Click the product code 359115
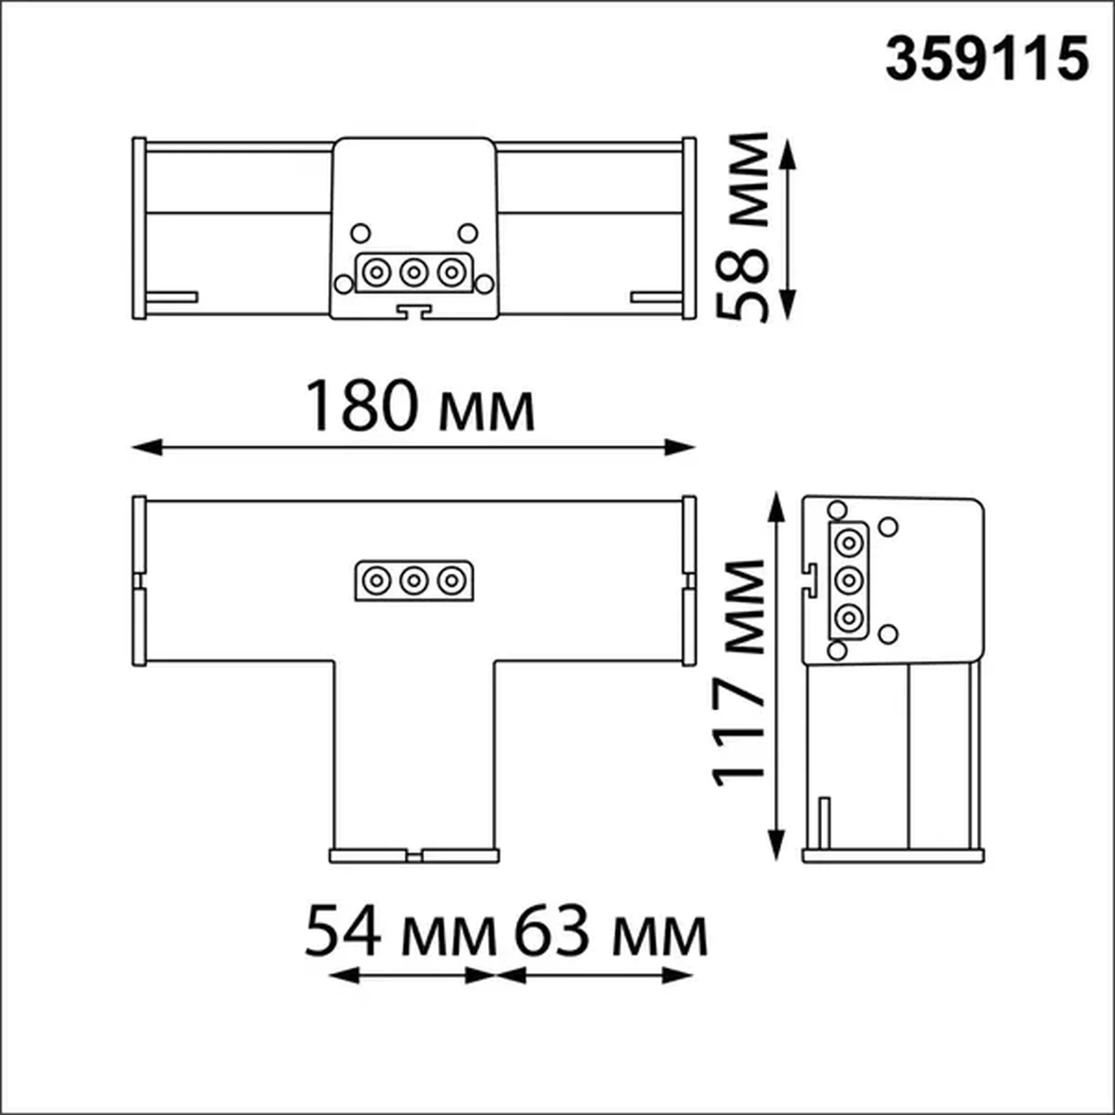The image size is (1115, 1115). (x=986, y=59)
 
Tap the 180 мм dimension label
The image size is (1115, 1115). (x=419, y=406)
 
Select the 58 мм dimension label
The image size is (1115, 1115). (x=743, y=227)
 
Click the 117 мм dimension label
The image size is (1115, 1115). (x=740, y=674)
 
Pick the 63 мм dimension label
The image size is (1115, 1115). (x=610, y=932)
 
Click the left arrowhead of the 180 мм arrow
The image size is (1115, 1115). (x=147, y=447)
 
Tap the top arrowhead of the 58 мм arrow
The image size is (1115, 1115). (x=786, y=154)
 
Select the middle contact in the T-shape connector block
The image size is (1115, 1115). (x=414, y=580)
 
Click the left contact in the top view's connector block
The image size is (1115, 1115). (x=377, y=272)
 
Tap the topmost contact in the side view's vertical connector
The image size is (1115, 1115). (x=848, y=543)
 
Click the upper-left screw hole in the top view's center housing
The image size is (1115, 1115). (x=360, y=233)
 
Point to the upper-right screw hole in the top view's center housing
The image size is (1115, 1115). (x=467, y=233)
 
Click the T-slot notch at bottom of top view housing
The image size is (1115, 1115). (x=414, y=312)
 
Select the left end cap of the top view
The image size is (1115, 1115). (x=139, y=228)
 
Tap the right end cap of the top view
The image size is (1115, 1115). (x=689, y=228)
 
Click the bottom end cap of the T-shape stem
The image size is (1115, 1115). (x=414, y=856)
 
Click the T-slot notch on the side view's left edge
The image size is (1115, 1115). (x=810, y=578)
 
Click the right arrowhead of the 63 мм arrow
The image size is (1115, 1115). (x=678, y=975)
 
